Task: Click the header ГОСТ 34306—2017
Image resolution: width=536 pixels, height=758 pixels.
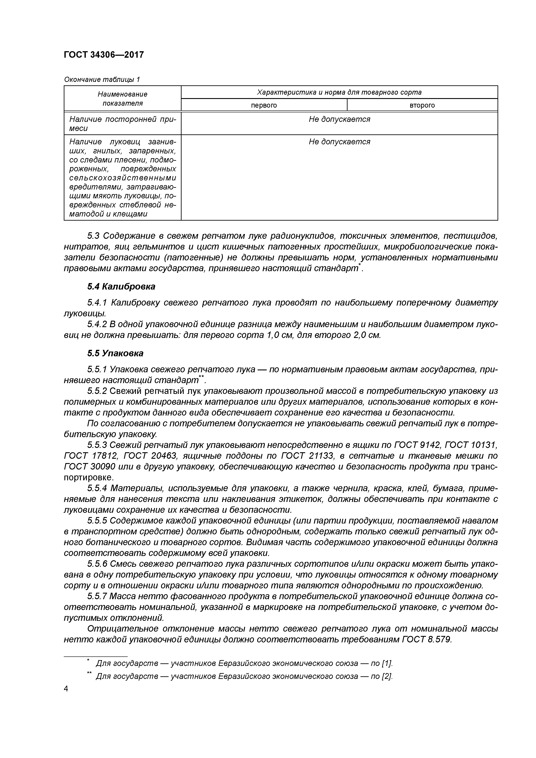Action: [x=104, y=54]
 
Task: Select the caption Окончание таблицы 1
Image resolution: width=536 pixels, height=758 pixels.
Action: [x=102, y=80]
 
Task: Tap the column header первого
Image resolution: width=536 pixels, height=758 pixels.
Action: [x=264, y=105]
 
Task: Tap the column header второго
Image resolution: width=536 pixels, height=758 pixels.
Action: [x=422, y=105]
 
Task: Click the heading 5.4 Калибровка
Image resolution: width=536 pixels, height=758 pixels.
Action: [x=121, y=287]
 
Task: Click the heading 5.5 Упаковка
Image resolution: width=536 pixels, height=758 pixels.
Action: [x=115, y=353]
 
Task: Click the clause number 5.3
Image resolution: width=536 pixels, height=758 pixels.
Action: [x=93, y=236]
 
